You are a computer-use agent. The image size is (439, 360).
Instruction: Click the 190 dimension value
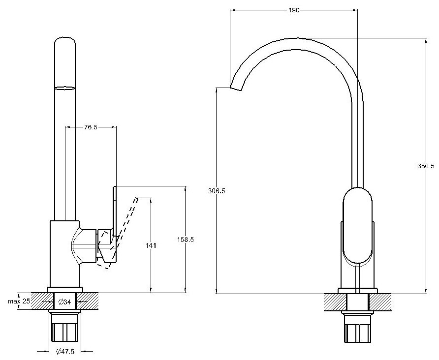[x=294, y=10]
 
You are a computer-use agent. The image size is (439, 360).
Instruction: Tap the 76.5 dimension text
[x=91, y=127]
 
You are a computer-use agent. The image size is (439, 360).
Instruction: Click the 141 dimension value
[x=151, y=245]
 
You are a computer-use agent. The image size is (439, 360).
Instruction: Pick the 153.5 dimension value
[x=185, y=240]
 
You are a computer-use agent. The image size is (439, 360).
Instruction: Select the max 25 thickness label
[x=19, y=300]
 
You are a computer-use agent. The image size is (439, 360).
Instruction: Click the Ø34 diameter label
[x=64, y=301]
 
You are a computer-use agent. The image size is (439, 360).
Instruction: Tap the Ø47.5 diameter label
[x=66, y=351]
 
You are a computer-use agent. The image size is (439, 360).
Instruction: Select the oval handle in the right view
[x=358, y=226]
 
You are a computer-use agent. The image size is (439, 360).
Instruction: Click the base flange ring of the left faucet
[x=64, y=290]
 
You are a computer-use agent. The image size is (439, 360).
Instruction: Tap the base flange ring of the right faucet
[x=358, y=290]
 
